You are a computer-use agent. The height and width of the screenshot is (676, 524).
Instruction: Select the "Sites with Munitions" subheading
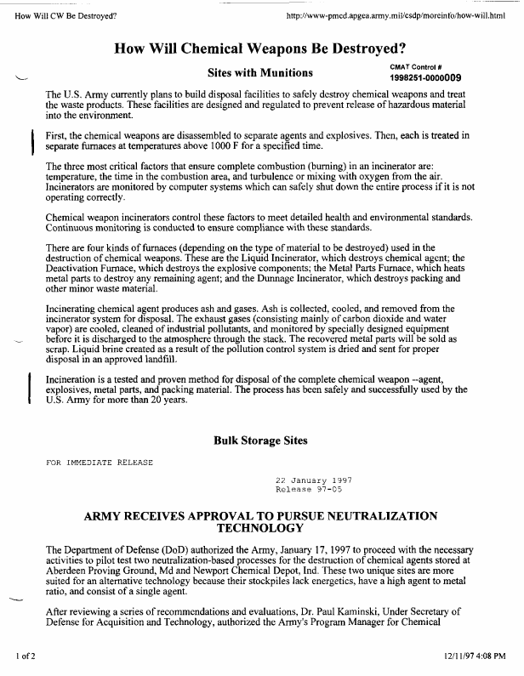tap(260, 72)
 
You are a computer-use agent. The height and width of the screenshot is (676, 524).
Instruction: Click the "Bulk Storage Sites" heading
tap(260, 440)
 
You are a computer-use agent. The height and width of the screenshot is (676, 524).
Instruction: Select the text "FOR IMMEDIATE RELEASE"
tap(99, 463)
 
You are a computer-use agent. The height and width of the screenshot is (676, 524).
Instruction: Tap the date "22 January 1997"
tap(314, 480)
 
